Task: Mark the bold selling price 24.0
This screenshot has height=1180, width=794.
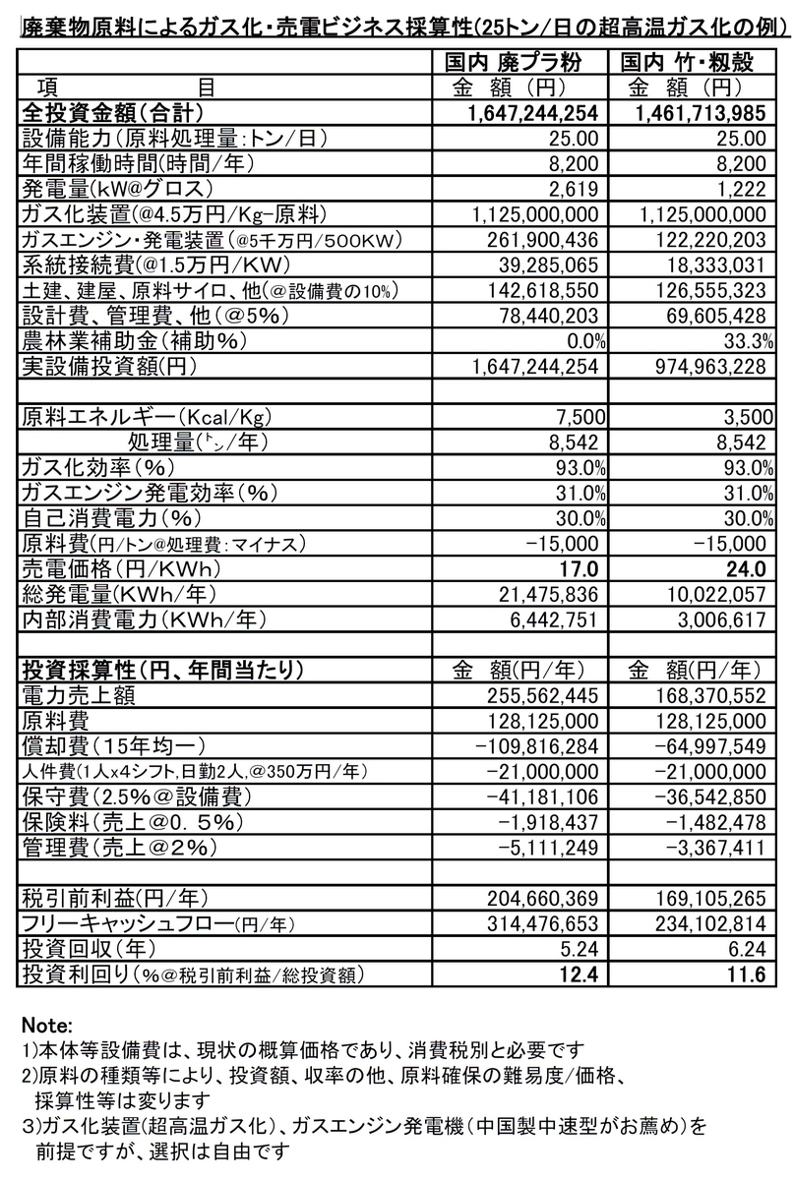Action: click(x=746, y=569)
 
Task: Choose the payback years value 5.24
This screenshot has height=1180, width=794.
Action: click(x=580, y=949)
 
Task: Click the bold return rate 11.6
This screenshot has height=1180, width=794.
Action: click(x=746, y=974)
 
